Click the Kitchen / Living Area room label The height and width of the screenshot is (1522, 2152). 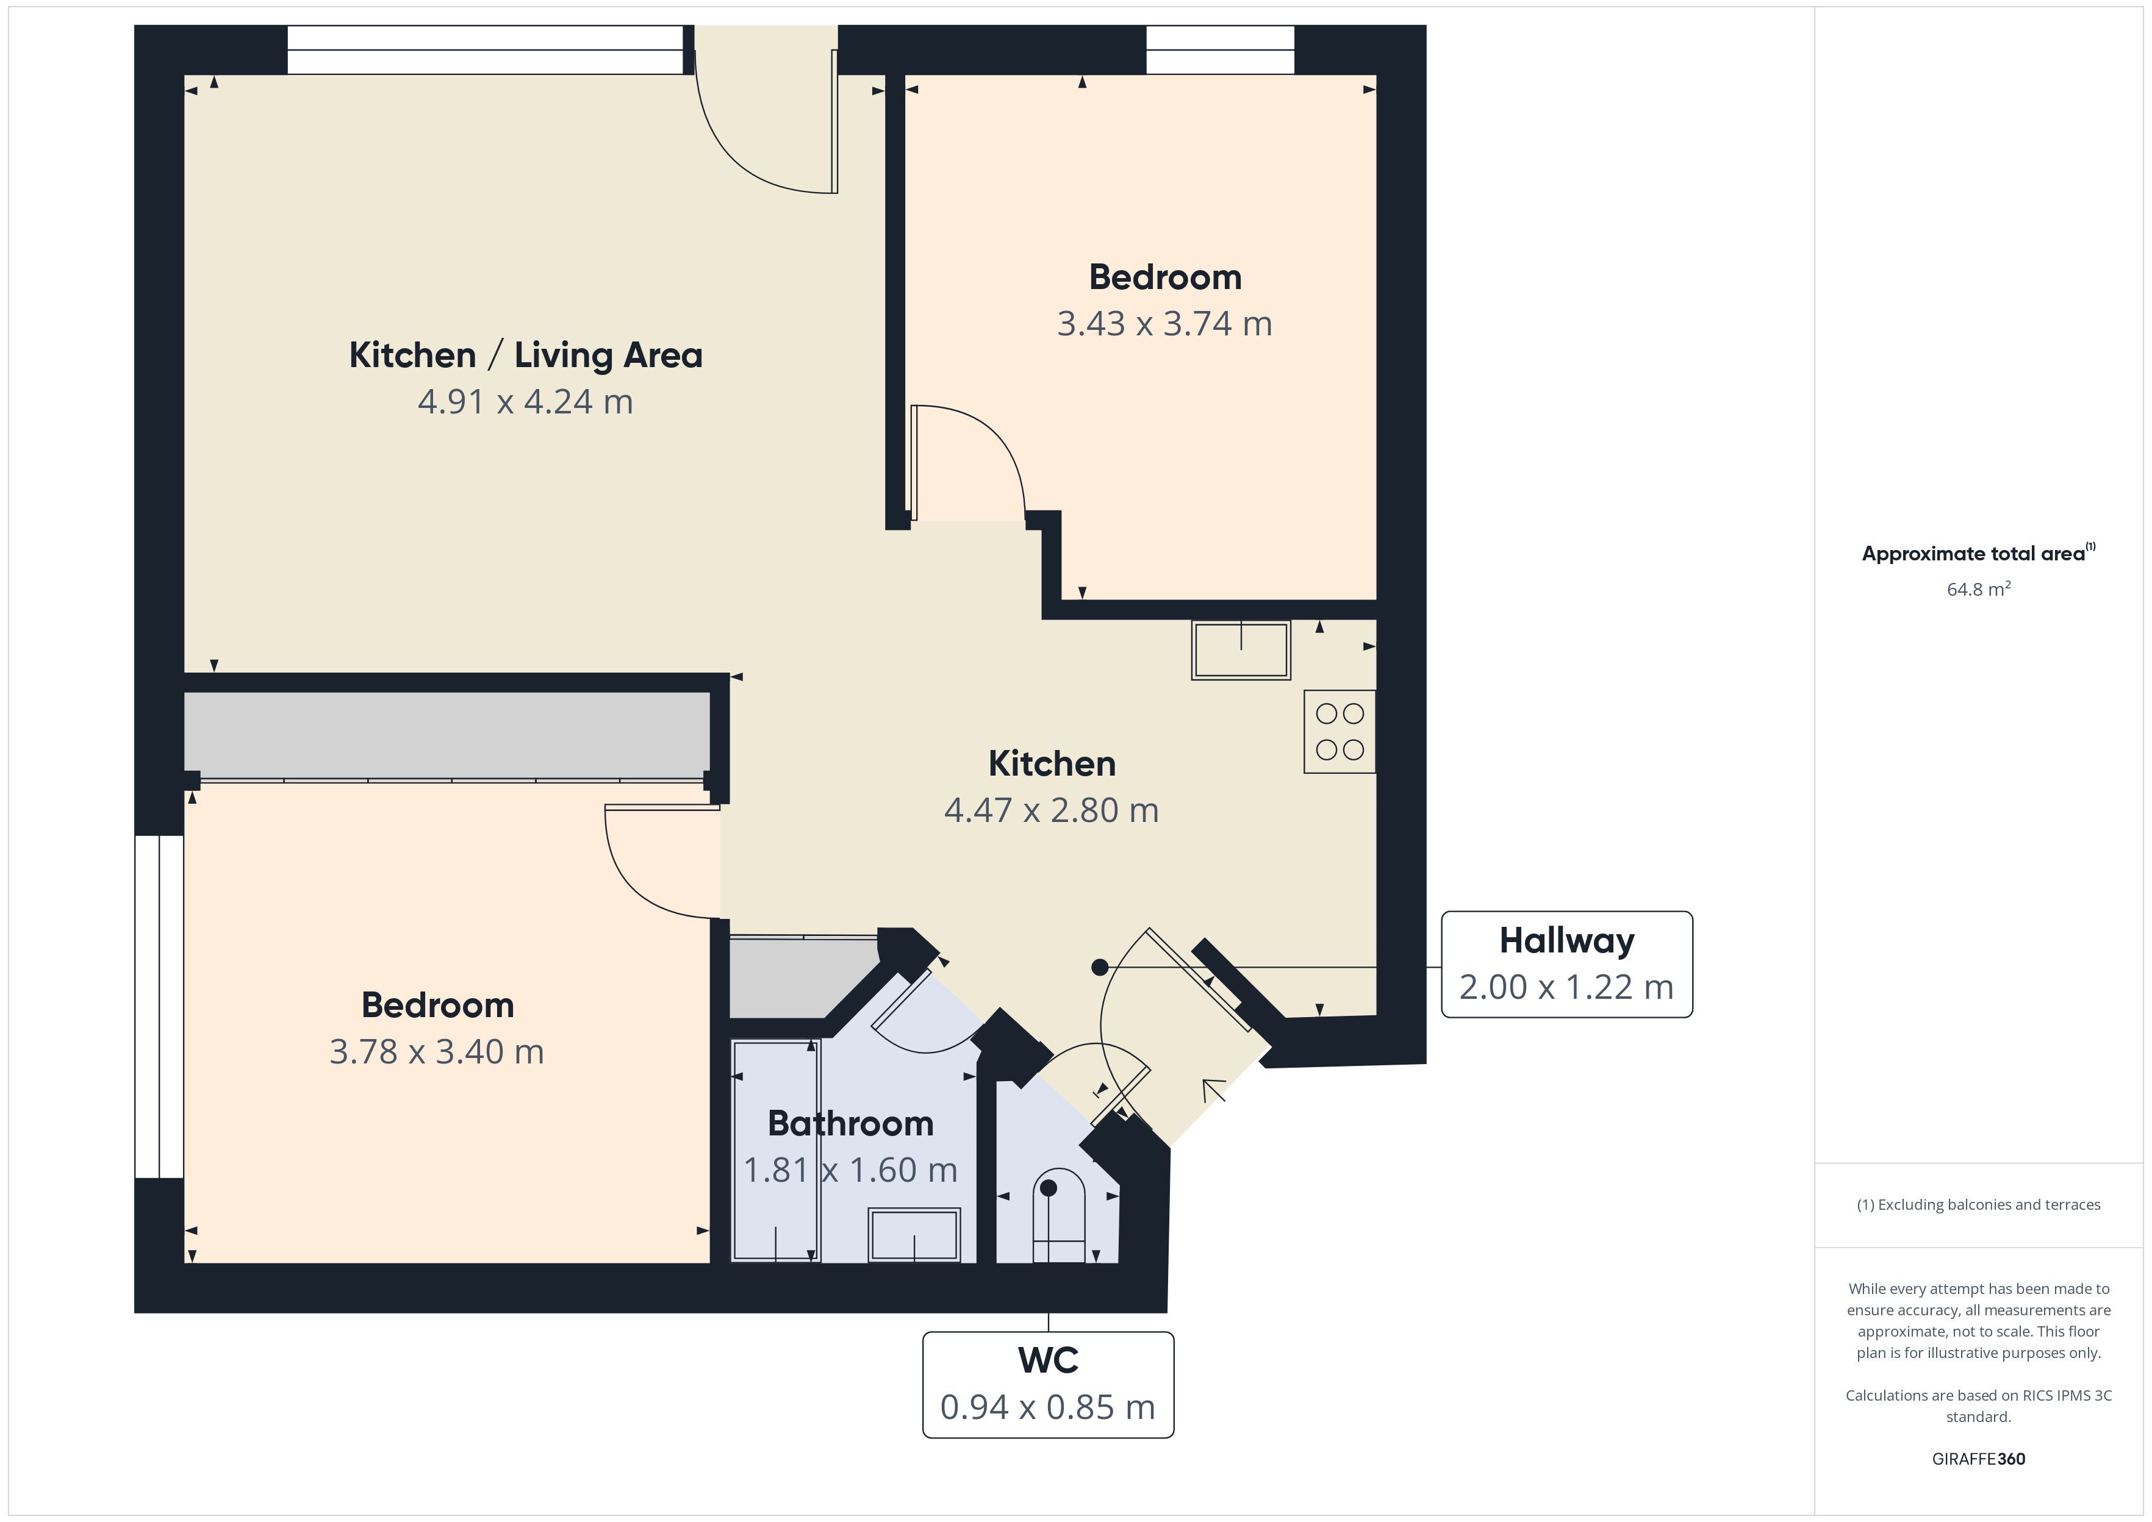pos(526,355)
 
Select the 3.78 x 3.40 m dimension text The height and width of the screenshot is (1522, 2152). pos(437,1051)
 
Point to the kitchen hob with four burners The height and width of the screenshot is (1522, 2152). pos(1340,732)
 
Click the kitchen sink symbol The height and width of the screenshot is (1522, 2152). pos(1241,649)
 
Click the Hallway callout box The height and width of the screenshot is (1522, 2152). pos(1566,963)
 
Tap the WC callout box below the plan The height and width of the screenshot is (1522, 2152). pos(1048,1384)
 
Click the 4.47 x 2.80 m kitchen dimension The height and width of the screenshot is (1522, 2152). pos(1052,810)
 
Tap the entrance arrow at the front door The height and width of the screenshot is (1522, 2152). pos(1214,1091)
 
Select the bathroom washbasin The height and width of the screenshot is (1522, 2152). pos(914,1234)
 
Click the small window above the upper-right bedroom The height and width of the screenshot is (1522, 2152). pos(1221,49)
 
